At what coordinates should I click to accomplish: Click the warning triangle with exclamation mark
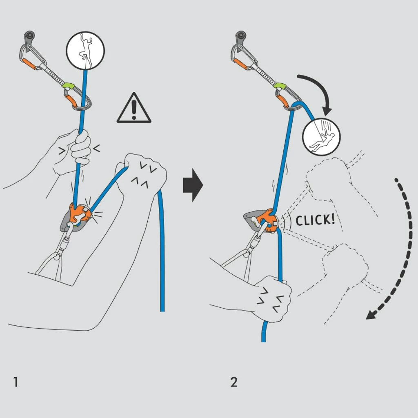(134, 109)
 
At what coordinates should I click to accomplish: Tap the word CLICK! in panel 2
(315, 220)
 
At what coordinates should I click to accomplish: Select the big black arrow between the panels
(193, 186)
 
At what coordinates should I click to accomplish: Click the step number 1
(16, 382)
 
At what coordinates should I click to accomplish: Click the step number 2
(233, 382)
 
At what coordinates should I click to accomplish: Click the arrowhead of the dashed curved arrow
(371, 314)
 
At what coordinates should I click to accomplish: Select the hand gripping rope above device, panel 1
(76, 149)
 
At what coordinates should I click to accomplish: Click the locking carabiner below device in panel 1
(65, 243)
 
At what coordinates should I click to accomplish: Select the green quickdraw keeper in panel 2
(280, 86)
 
